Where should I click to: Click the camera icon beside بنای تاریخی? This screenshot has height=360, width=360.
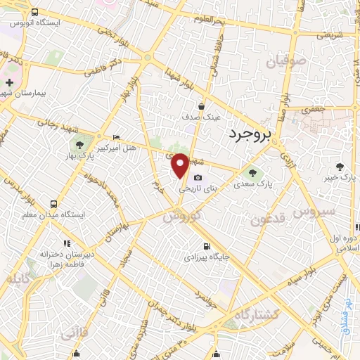coord(198,177)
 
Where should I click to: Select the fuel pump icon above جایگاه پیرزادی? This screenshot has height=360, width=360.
coord(206,246)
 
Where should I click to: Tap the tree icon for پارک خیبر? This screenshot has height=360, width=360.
coord(341,167)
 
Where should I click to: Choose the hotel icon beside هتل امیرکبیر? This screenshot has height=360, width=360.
coord(116,136)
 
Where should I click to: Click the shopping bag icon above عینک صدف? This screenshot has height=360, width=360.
coord(202,106)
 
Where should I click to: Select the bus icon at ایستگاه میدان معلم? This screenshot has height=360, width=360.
coord(53,204)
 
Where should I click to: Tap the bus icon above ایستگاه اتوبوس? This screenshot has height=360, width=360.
coord(36,13)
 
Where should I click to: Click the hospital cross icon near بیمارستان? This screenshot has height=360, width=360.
coord(8,83)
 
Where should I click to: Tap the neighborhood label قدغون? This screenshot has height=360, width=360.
coord(268,219)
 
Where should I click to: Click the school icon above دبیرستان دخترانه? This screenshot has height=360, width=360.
coord(66,243)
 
